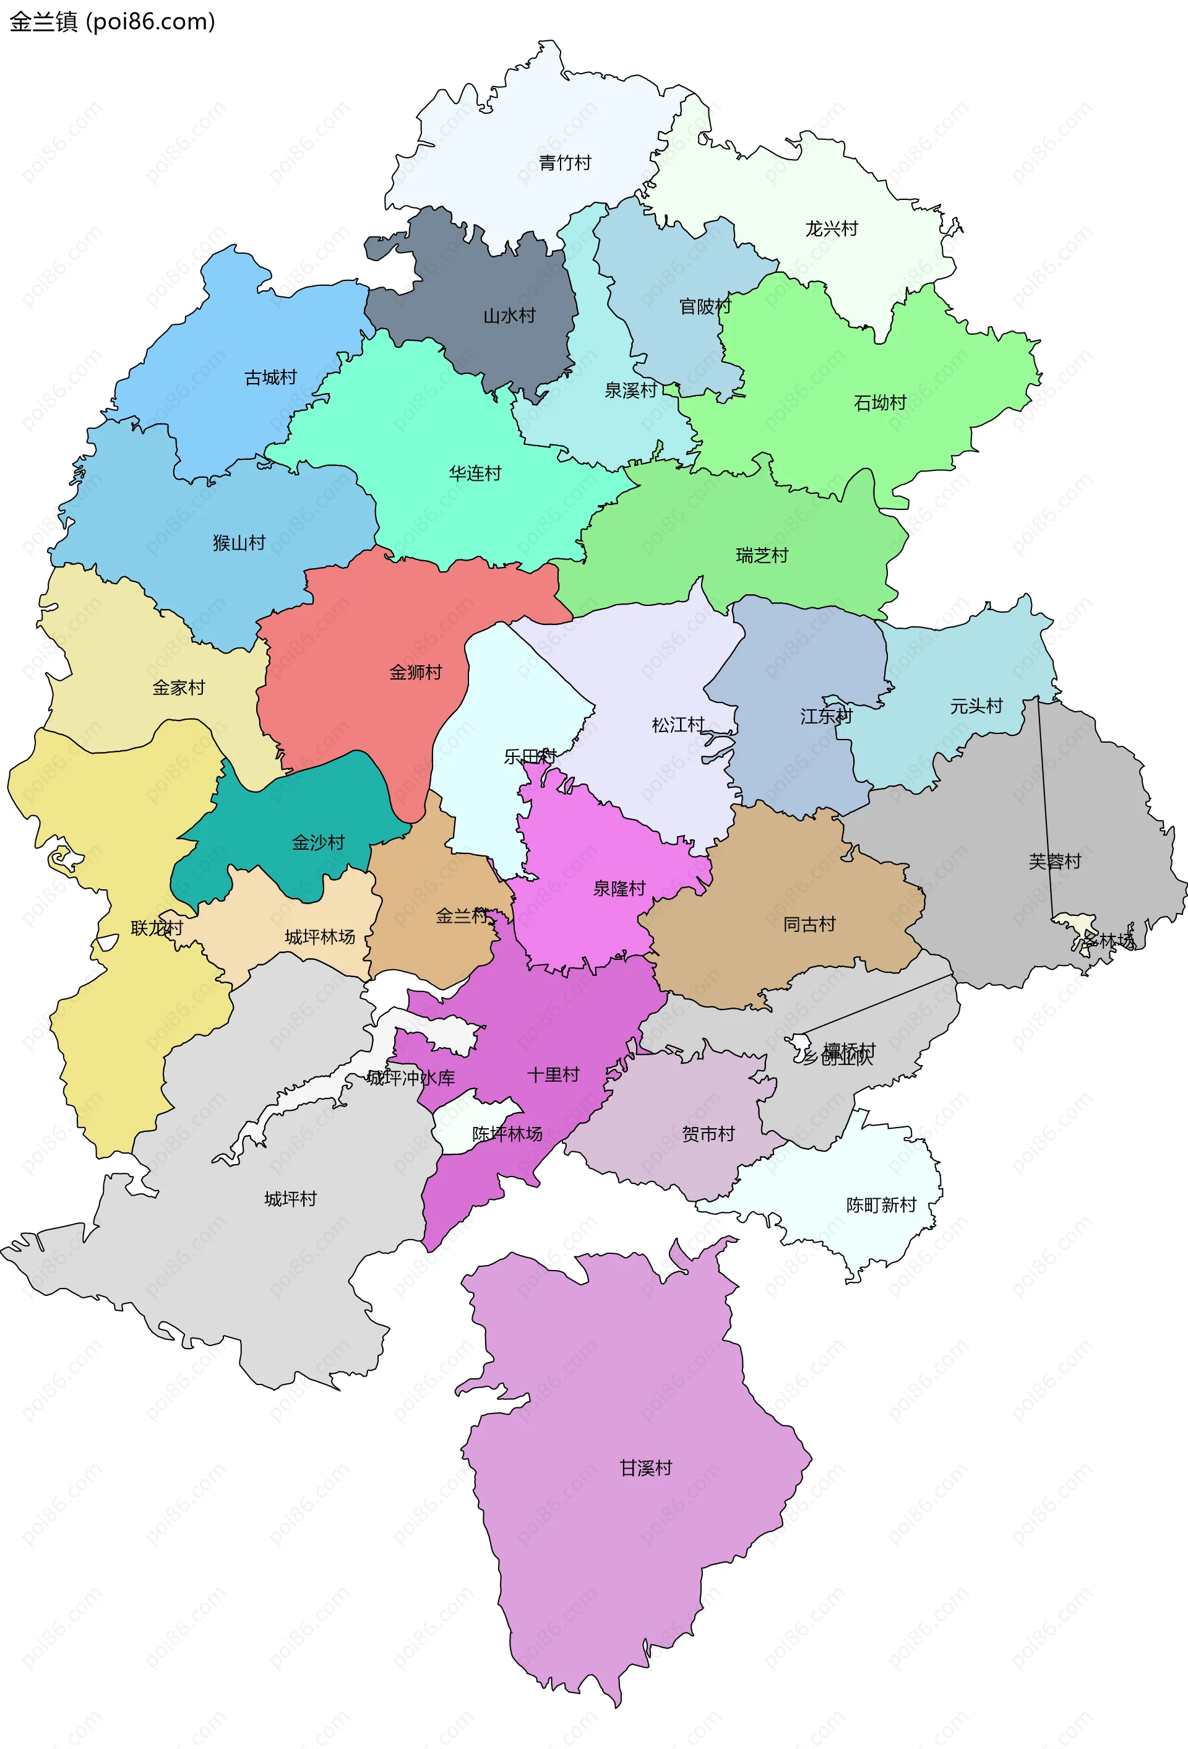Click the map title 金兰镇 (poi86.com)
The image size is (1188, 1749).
tap(112, 21)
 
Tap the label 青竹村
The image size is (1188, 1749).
tap(564, 163)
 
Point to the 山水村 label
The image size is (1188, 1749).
tap(509, 316)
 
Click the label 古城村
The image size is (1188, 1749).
tap(271, 377)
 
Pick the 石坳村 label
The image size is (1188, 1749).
tap(879, 403)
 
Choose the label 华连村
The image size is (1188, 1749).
tap(475, 473)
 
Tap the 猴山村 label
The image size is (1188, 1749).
tap(239, 543)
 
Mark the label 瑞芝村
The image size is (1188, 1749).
tap(762, 555)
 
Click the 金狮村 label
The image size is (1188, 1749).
tap(415, 672)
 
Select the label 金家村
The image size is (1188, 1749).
tap(178, 687)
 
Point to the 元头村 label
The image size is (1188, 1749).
tap(976, 706)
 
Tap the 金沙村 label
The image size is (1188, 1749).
tap(318, 842)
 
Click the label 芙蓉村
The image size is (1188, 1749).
tap(1054, 861)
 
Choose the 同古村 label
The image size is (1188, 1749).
tap(809, 924)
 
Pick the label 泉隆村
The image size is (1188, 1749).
tap(619, 888)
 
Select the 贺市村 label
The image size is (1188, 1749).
tap(708, 1133)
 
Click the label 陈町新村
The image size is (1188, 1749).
tap(881, 1205)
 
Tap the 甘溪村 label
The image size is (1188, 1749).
tap(645, 1467)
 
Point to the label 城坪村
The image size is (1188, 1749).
tap(290, 1199)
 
